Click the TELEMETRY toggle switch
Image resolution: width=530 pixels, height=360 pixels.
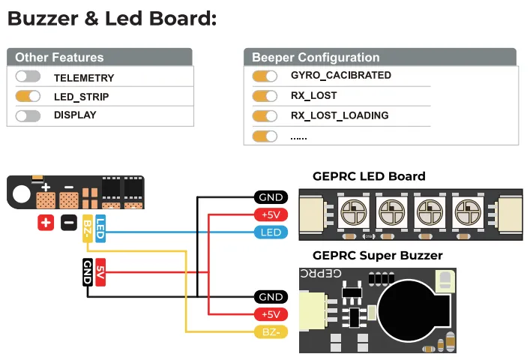pyautogui.click(x=28, y=77)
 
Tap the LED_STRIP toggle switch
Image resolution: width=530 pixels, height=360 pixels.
pyautogui.click(x=28, y=97)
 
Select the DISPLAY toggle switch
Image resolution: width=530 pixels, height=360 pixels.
pyautogui.click(x=28, y=115)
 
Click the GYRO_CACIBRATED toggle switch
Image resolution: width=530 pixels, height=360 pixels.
pyautogui.click(x=265, y=76)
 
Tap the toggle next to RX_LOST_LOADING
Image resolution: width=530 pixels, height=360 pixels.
pyautogui.click(x=265, y=116)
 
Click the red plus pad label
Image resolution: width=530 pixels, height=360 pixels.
pyautogui.click(x=46, y=223)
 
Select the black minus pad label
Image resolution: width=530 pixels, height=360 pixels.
pyautogui.click(x=68, y=223)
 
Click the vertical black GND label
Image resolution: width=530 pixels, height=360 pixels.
pyautogui.click(x=88, y=271)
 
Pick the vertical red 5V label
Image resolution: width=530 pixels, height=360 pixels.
pyautogui.click(x=100, y=271)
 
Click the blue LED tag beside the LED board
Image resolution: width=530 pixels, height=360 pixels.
pyautogui.click(x=270, y=232)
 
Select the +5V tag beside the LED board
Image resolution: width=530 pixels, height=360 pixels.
pyautogui.click(x=270, y=215)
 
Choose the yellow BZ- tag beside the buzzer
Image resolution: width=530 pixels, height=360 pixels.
pyautogui.click(x=270, y=331)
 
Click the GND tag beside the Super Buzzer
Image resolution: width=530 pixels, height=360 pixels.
pyautogui.click(x=270, y=297)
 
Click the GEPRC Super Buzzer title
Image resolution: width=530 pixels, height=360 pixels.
pyautogui.click(x=377, y=256)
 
